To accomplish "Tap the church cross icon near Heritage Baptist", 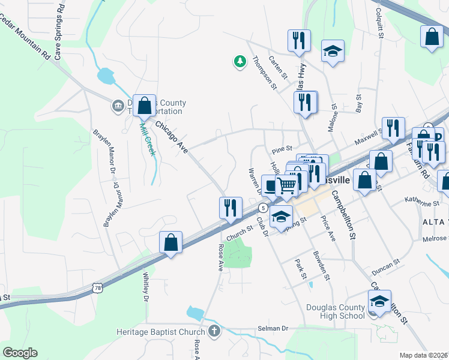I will [214, 331].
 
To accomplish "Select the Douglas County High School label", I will [335, 312].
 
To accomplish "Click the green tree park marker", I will [240, 62].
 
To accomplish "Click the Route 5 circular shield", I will [262, 208].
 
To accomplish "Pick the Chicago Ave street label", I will [172, 136].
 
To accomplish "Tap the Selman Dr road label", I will [273, 329].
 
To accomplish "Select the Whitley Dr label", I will [145, 286].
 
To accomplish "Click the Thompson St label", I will [264, 73].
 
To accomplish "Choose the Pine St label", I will [281, 148].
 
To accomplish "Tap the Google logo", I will [20, 353].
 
